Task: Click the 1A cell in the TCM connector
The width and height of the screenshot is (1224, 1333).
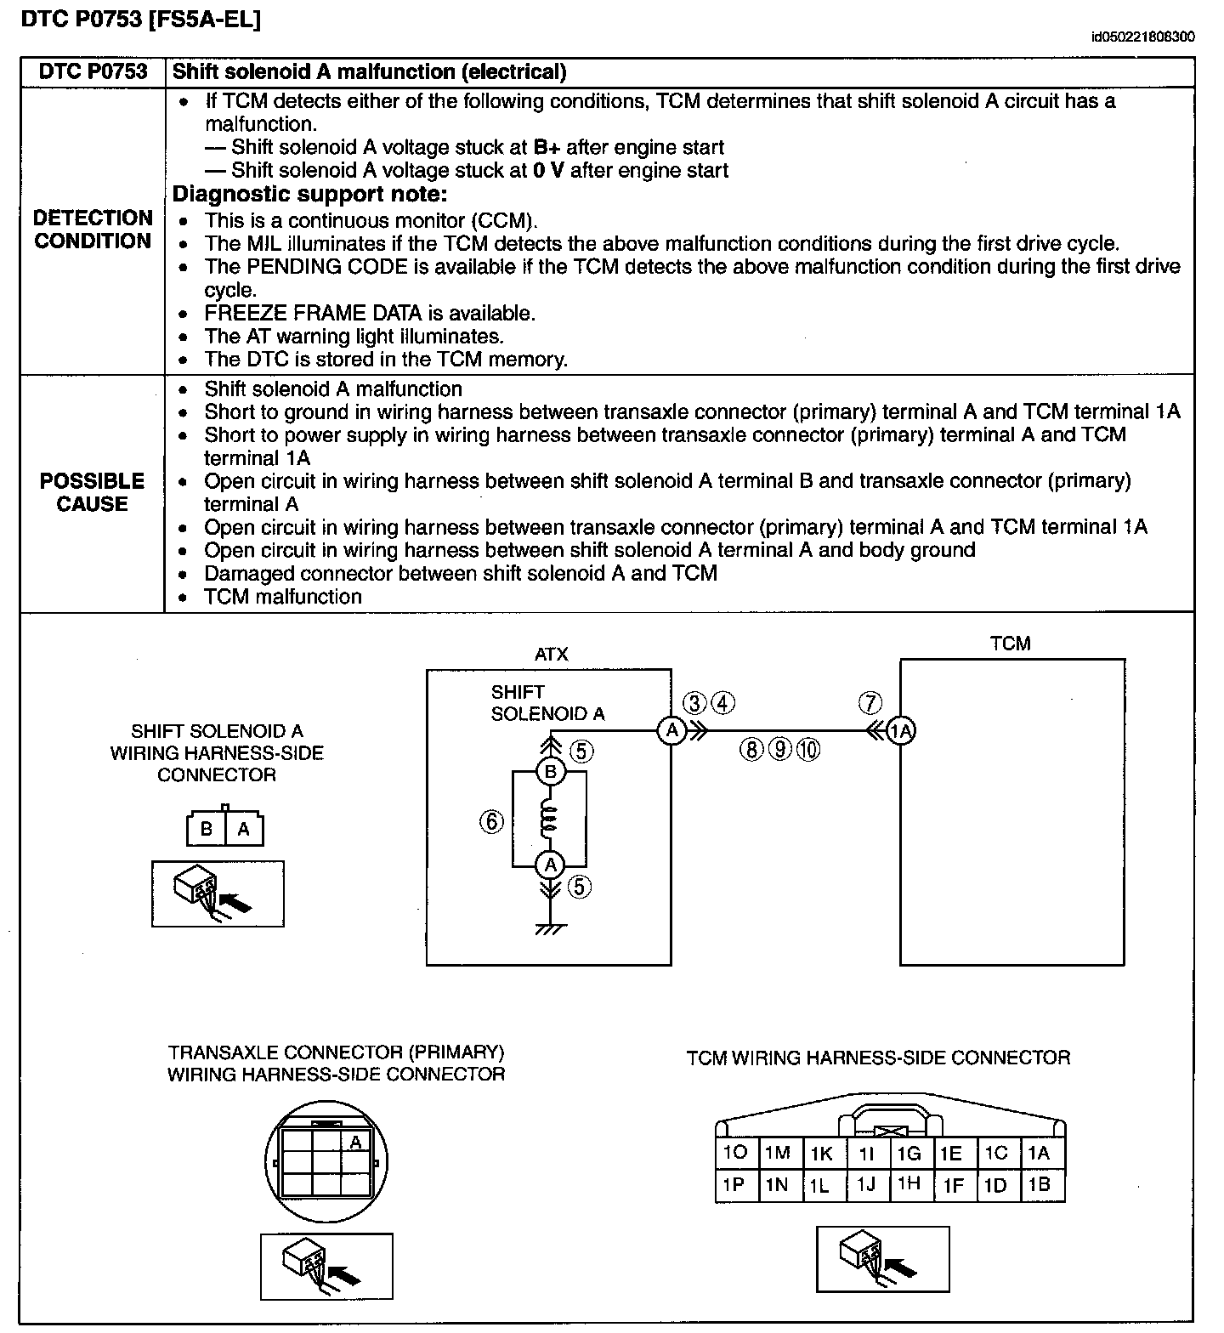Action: tap(1040, 1153)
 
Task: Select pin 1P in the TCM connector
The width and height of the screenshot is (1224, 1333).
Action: tap(734, 1184)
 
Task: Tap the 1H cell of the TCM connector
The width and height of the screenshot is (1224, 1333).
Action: tap(909, 1184)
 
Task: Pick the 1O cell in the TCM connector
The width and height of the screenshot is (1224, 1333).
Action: tap(734, 1153)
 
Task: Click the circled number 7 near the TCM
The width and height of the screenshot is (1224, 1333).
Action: tap(870, 703)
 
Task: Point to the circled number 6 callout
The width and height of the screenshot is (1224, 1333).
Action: tap(491, 821)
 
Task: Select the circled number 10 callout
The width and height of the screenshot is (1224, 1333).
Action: tap(808, 749)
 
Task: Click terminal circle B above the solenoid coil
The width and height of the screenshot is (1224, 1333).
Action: tap(550, 772)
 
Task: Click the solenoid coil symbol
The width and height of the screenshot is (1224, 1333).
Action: tap(549, 818)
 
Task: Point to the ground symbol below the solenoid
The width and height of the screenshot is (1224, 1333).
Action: tap(550, 929)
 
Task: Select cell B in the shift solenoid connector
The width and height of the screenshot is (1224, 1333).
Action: tap(207, 829)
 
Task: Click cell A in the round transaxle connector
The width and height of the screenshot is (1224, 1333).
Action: tap(356, 1142)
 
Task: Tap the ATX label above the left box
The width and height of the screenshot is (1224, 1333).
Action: tap(551, 655)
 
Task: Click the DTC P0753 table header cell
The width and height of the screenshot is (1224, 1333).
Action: tap(93, 72)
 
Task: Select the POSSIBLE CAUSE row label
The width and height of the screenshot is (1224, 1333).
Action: tap(92, 492)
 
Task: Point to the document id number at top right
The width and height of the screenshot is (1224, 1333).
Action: tap(1143, 37)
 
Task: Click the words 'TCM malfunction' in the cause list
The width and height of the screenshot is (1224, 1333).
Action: tap(283, 597)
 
